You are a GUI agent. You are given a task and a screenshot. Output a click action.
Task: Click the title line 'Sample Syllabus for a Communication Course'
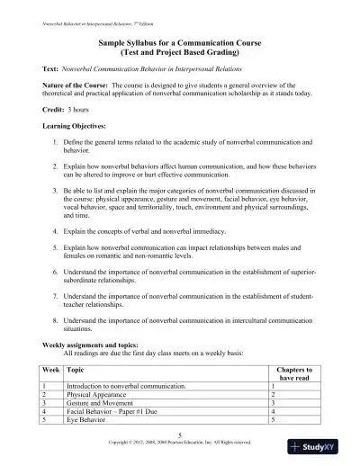coord(180,42)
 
